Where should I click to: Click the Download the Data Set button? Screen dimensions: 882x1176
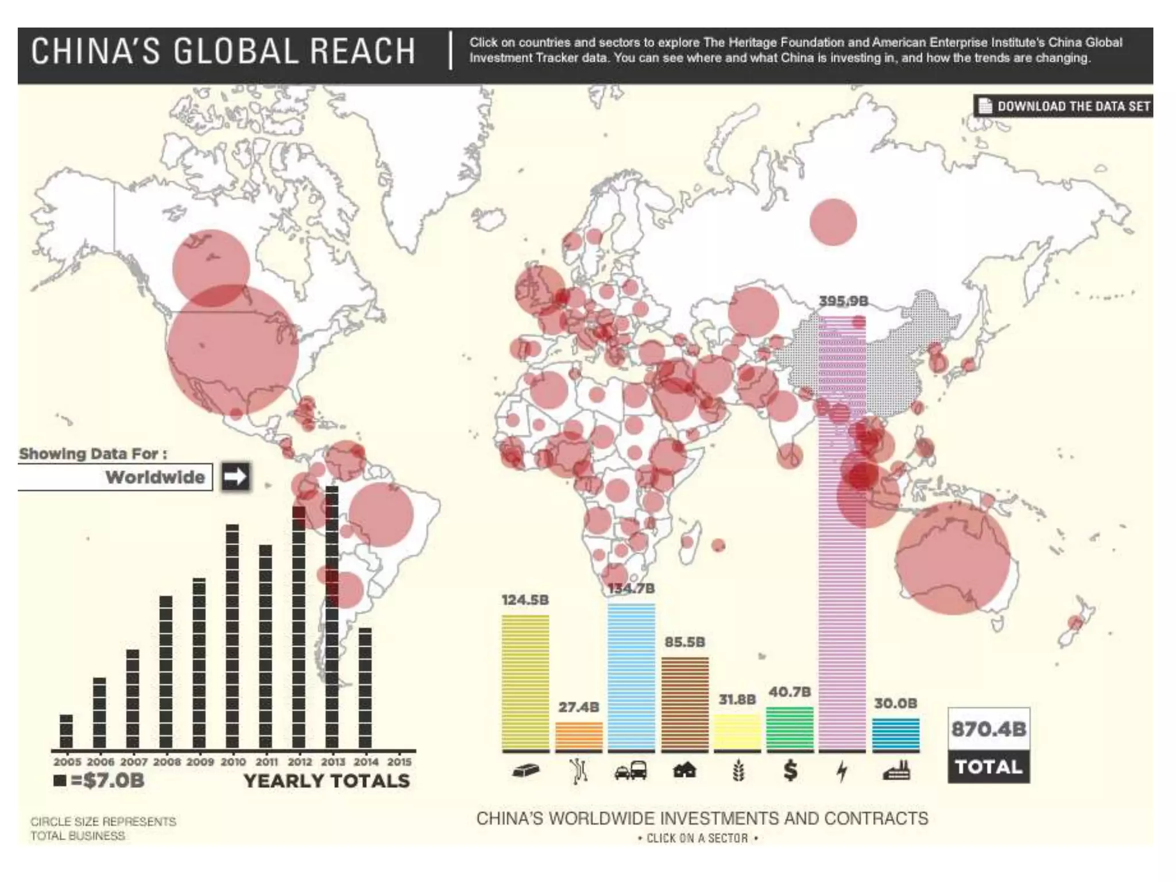tap(1063, 106)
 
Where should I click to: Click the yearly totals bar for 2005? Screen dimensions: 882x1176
tap(66, 731)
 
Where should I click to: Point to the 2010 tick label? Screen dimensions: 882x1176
tap(233, 762)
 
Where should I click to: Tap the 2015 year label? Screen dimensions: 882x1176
tap(399, 762)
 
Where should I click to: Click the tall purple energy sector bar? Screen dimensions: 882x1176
tap(842, 534)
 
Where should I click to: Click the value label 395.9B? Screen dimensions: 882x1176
tap(843, 301)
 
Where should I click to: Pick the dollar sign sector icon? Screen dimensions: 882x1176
tap(790, 771)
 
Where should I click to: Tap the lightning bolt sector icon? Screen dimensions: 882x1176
tap(842, 771)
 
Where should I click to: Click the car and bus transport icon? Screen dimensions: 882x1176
tap(631, 771)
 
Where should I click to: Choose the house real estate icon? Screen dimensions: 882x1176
tap(684, 771)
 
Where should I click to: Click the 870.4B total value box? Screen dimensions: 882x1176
tap(988, 729)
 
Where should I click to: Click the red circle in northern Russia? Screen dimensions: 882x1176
tap(833, 222)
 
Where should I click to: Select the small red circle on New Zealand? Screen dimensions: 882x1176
tap(1074, 622)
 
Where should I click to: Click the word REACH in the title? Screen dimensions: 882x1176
tap(363, 51)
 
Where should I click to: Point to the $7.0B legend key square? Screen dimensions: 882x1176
tap(59, 781)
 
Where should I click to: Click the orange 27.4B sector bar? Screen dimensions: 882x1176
tap(579, 736)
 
